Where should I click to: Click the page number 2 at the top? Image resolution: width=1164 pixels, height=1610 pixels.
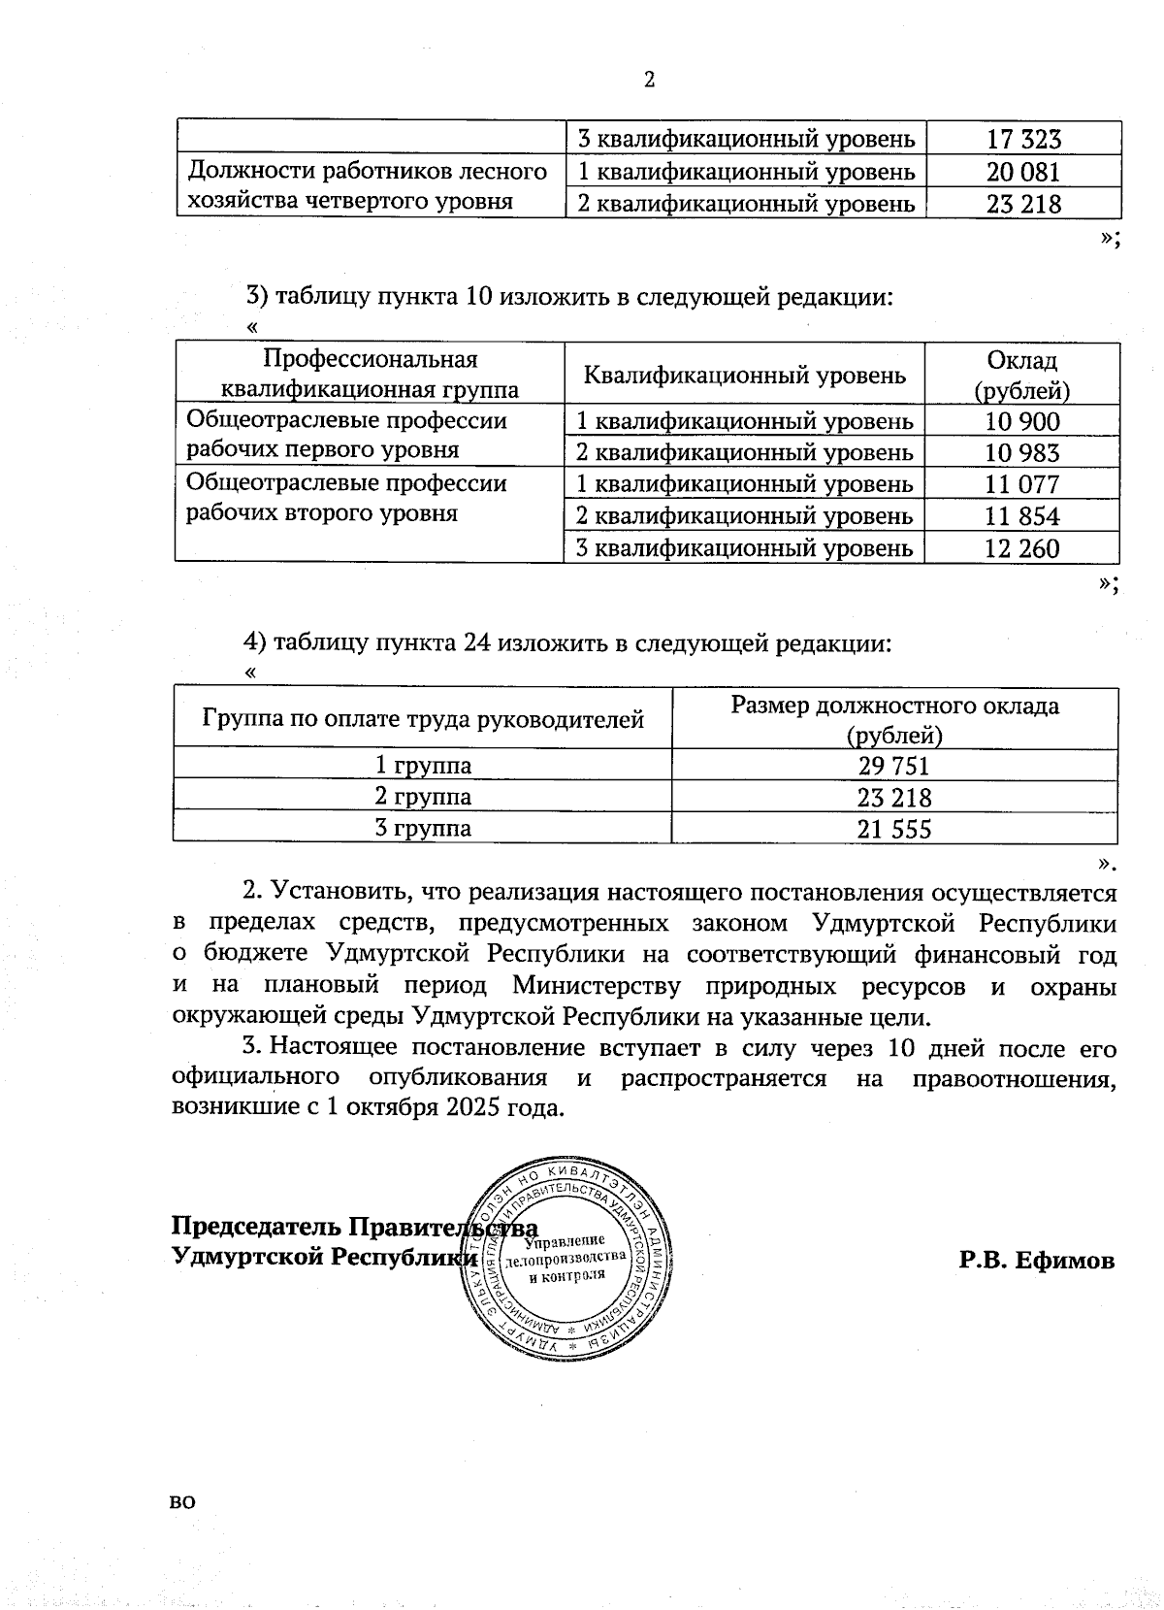click(649, 81)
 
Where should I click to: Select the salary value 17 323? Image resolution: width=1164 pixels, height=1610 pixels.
click(1023, 139)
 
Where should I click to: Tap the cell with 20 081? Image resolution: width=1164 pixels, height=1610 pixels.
click(1023, 172)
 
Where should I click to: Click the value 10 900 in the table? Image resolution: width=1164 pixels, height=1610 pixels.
click(1022, 421)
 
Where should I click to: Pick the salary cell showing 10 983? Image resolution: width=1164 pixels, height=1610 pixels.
click(1022, 452)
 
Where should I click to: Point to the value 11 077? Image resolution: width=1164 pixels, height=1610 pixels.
click(1022, 484)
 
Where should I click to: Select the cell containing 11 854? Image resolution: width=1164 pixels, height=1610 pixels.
click(1022, 516)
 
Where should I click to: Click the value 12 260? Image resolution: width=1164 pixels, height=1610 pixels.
click(1022, 548)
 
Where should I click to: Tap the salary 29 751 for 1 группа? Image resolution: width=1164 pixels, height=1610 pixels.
click(893, 766)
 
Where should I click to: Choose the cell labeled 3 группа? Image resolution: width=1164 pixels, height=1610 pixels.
click(423, 828)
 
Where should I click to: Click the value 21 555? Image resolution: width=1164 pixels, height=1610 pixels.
click(893, 829)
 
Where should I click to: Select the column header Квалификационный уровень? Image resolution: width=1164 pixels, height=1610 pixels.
click(744, 375)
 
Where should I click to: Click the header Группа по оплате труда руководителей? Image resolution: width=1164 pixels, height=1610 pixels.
click(423, 719)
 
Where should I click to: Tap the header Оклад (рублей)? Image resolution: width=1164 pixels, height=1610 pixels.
click(1022, 375)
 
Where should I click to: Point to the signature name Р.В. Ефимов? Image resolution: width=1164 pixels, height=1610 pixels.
click(1036, 1261)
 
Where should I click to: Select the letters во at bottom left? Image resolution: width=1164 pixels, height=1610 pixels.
click(182, 1501)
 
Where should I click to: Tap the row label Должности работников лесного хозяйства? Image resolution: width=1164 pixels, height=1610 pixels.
click(367, 186)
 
